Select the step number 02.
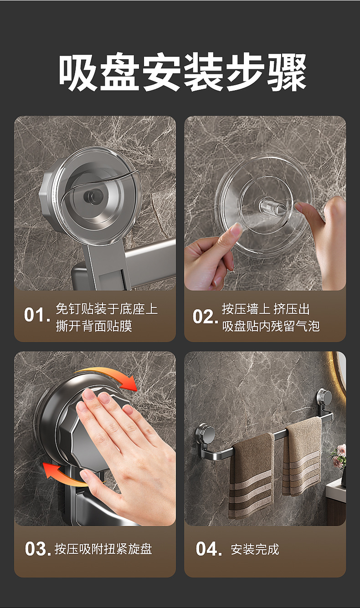pos(205,316)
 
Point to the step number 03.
pos(38,548)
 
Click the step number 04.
pos(209,548)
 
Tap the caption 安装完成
pos(255,549)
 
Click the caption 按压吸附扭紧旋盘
pos(103,548)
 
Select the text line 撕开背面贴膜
pos(94,326)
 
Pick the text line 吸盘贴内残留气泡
pos(271,326)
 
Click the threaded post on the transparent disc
pos(272,206)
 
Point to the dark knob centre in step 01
pos(93,195)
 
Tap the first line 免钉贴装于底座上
pos(107,309)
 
